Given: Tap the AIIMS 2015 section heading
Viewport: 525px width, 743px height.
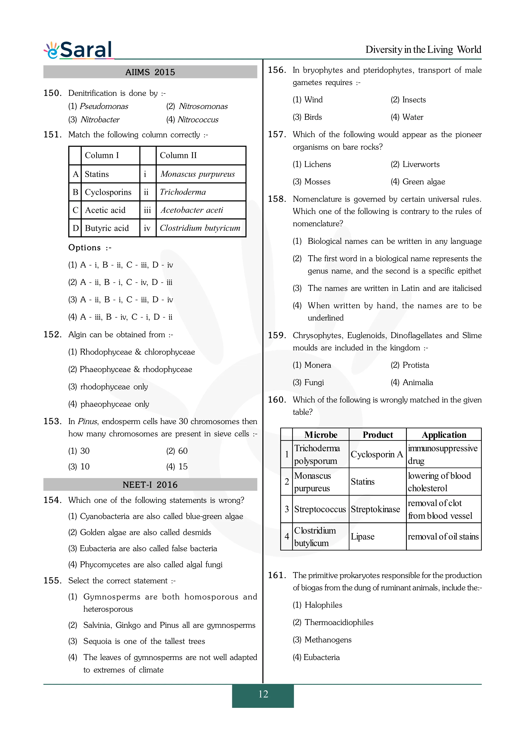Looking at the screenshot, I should (x=150, y=72).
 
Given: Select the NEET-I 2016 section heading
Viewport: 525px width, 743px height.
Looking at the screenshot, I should (x=150, y=484).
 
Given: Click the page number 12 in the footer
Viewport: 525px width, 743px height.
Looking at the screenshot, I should (x=263, y=694).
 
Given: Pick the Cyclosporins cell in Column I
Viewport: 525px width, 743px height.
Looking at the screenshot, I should (x=108, y=192).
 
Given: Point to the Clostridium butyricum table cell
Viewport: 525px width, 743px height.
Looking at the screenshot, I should (x=200, y=228).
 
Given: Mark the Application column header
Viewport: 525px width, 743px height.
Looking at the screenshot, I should (x=444, y=435).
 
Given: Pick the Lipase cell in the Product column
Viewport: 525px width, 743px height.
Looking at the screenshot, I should (x=363, y=536).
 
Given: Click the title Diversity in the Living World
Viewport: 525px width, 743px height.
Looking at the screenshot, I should (x=423, y=50).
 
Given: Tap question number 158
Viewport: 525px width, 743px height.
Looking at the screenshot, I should (x=277, y=199).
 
